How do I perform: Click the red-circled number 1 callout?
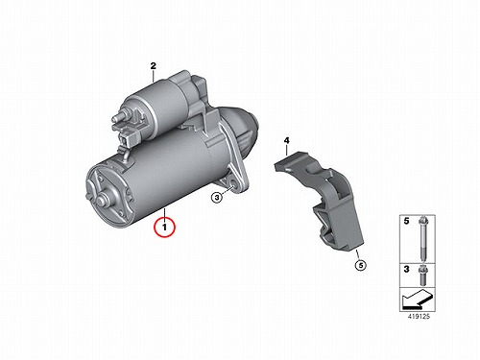(164, 228)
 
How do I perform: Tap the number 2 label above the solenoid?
(154, 66)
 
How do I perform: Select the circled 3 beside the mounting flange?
(217, 198)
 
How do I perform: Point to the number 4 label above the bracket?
(286, 140)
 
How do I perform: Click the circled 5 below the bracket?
(360, 265)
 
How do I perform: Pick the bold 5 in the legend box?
(406, 221)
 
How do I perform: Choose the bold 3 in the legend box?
(406, 269)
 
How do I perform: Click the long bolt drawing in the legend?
(422, 239)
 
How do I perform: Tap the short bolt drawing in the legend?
(422, 276)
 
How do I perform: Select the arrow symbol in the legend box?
(417, 299)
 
